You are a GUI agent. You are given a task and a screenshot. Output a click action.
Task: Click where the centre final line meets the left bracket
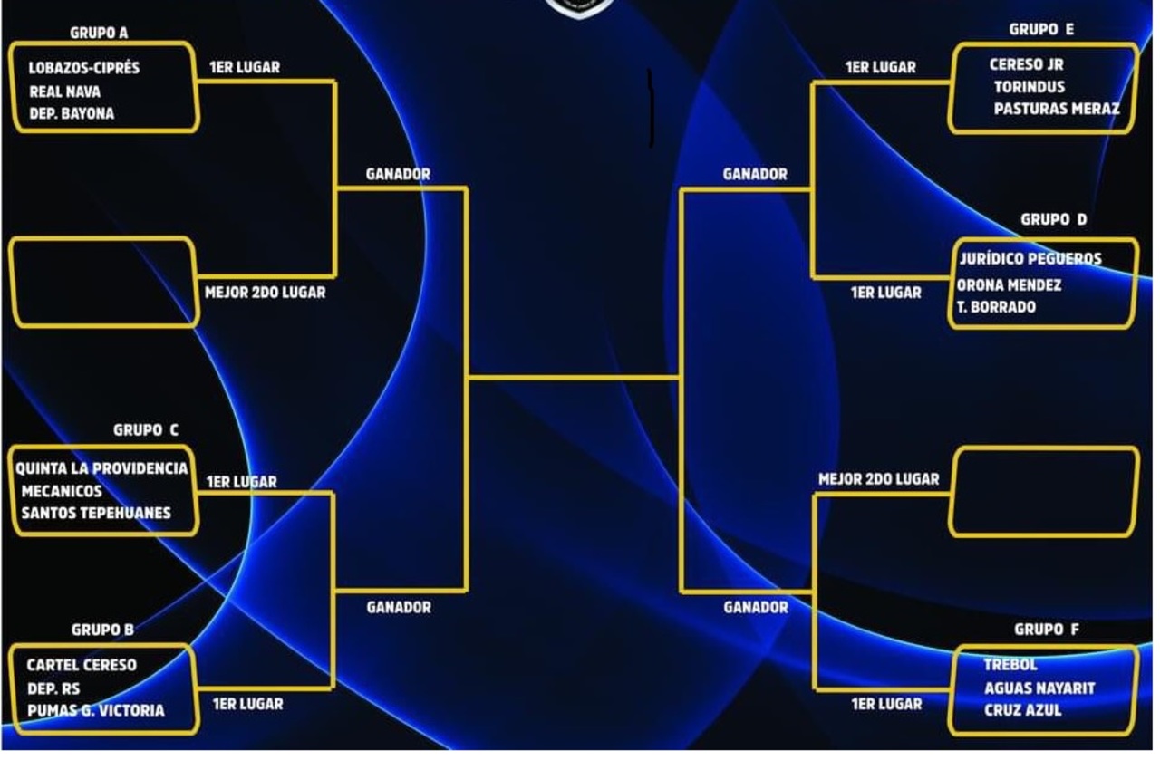[x=467, y=379]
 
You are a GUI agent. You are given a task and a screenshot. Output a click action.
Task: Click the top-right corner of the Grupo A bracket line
[x=335, y=82]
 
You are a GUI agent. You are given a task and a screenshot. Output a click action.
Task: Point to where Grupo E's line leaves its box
[x=951, y=82]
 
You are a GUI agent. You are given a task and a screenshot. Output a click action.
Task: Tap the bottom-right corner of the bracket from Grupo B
[x=332, y=688]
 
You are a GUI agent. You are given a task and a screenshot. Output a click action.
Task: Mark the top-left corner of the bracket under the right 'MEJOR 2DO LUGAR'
[x=815, y=495]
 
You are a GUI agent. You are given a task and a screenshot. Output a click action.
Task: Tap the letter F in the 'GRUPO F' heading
[x=1075, y=630]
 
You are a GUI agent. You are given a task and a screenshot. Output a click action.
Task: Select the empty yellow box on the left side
[x=103, y=283]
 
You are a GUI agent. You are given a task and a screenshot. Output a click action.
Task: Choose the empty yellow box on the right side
[x=1044, y=492]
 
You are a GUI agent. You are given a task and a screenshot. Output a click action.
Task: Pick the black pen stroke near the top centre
[x=651, y=108]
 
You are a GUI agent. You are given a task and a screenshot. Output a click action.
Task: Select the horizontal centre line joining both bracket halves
[x=575, y=379]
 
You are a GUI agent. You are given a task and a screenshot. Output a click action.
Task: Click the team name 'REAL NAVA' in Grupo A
[x=64, y=92]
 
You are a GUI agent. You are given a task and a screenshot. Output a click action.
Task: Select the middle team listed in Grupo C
[x=62, y=491]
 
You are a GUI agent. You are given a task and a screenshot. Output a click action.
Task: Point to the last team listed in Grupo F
[x=1023, y=710]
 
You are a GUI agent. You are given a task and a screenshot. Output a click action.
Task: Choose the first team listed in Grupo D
[x=1030, y=259]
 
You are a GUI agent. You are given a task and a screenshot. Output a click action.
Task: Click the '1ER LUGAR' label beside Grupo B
[x=248, y=704]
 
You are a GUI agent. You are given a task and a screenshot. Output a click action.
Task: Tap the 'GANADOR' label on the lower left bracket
[x=399, y=607]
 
